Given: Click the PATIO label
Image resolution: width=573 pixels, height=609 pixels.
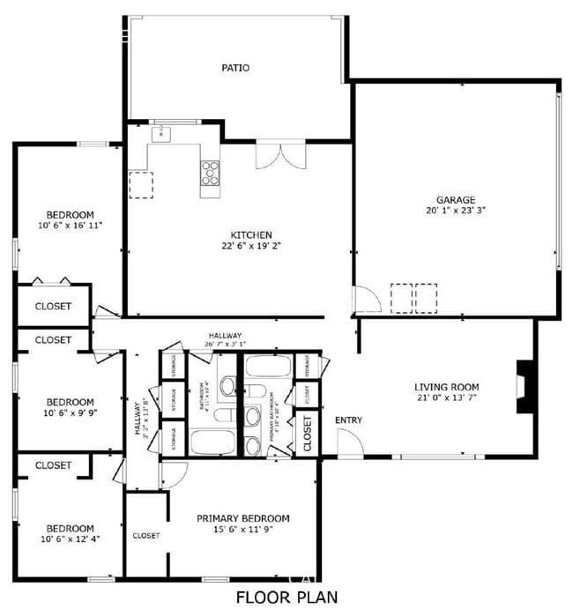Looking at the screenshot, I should tap(234, 67).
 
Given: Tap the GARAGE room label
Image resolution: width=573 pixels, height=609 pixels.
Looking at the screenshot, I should tap(455, 199).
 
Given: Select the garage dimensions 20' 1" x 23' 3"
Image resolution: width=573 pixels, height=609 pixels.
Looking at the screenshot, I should tap(455, 211).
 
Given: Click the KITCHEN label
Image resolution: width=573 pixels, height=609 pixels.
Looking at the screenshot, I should tap(250, 234).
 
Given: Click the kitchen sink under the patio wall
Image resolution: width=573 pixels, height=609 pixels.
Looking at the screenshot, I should tap(160, 134).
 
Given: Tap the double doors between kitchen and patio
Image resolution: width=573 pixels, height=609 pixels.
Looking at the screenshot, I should tap(280, 156).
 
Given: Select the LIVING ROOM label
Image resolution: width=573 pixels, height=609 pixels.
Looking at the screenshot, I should tap(447, 387).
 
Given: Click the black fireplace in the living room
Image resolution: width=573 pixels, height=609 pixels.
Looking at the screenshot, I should tap(525, 386).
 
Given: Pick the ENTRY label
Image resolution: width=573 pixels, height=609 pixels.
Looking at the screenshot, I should tap(349, 420).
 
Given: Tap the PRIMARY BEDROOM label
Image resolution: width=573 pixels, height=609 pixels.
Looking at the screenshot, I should tap(243, 518).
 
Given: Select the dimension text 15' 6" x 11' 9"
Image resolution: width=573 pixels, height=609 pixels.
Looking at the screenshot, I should tap(243, 531).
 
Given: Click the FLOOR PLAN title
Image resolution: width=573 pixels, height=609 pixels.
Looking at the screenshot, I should tap(286, 598).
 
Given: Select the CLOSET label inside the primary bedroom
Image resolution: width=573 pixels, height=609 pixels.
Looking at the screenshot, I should tap(145, 535).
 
